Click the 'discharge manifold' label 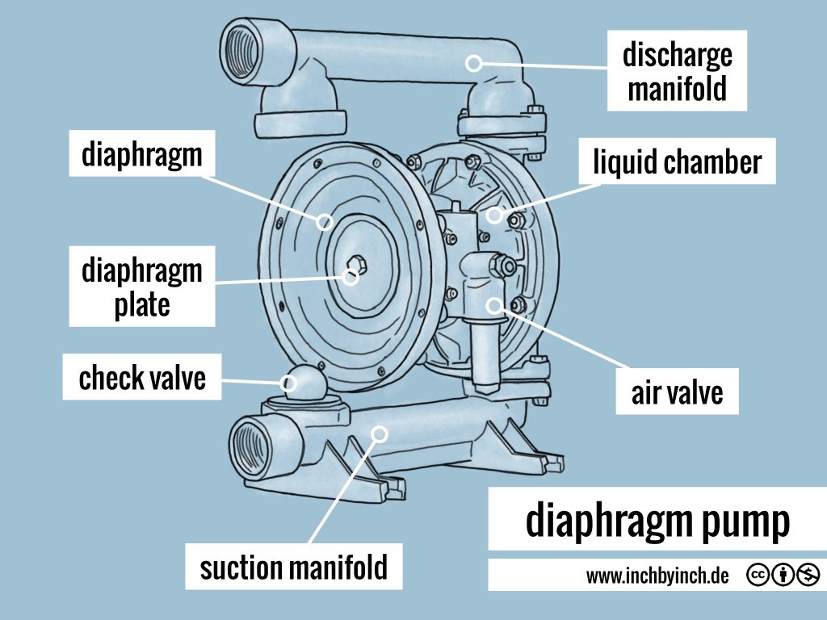[677, 71]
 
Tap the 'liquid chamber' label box [677, 162]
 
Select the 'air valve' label [677, 393]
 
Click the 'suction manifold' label [294, 568]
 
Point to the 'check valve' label [142, 378]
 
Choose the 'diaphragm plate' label [142, 287]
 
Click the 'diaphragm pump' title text [657, 522]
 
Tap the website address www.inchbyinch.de [657, 576]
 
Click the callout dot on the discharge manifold [475, 62]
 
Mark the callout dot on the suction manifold [379, 434]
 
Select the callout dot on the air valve [494, 304]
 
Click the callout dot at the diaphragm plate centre [351, 277]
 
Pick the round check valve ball [300, 381]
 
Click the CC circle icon [758, 576]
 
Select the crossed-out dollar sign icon [808, 576]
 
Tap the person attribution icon [783, 576]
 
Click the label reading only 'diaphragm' [142, 153]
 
